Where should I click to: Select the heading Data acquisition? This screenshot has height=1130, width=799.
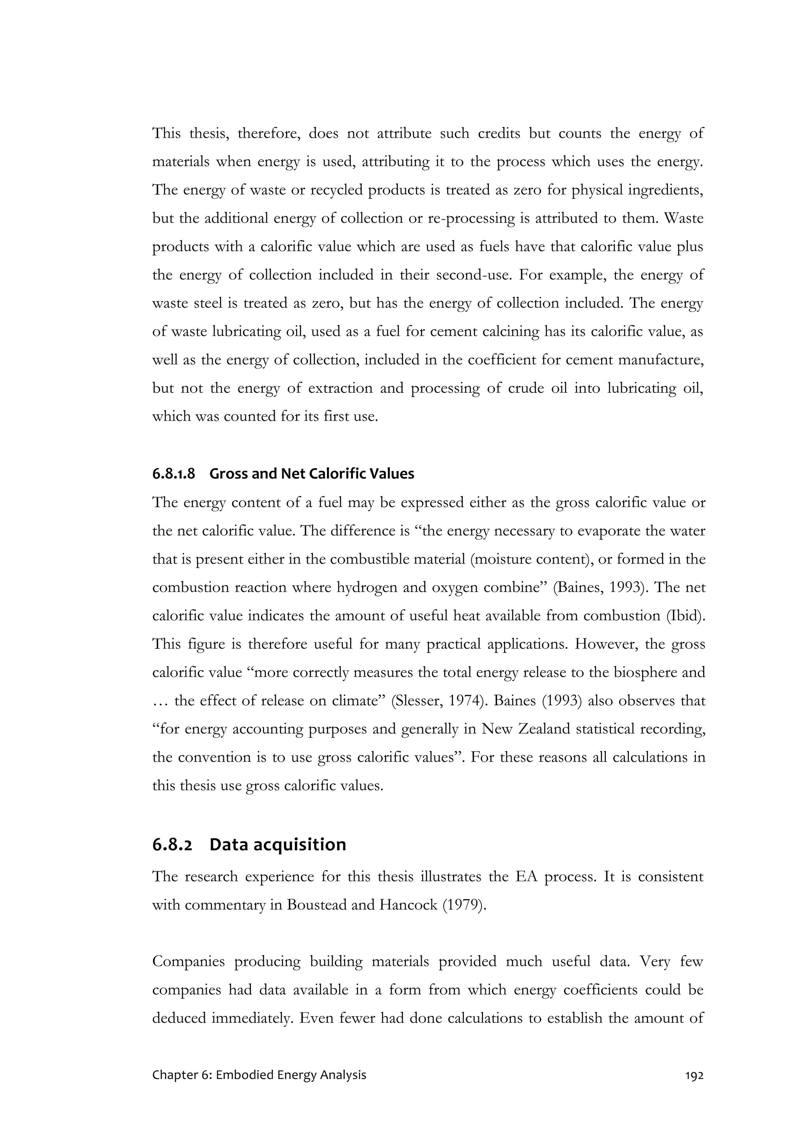(x=278, y=844)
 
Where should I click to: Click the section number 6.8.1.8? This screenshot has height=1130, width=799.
(x=173, y=474)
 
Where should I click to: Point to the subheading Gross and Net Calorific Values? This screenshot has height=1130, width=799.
(x=312, y=474)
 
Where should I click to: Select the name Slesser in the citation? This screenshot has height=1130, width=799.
(x=415, y=700)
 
